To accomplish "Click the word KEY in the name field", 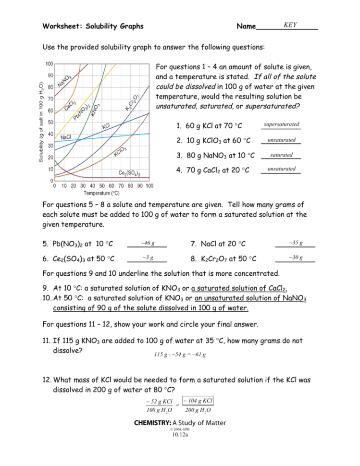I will click(290, 25).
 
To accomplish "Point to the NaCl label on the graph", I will click(66, 137).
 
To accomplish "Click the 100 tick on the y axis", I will click(50, 64).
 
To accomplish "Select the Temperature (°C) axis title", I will click(102, 193).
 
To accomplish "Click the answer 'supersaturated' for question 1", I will click(282, 124).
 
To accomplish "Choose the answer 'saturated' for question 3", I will click(281, 155).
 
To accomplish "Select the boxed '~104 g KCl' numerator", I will click(199, 401).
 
